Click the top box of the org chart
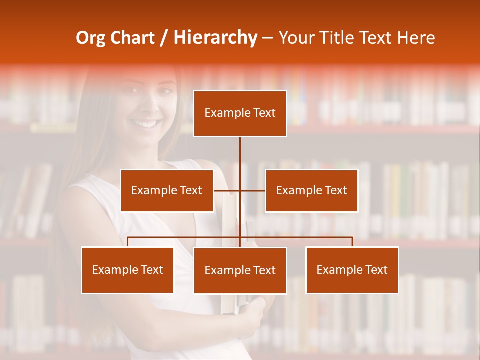[240, 113]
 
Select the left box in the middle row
[167, 190]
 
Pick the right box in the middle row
[311, 190]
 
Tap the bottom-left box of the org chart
[127, 270]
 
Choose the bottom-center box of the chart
[240, 270]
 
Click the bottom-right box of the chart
[352, 270]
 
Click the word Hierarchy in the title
[215, 38]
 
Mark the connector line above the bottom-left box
[128, 242]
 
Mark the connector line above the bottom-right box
[352, 242]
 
